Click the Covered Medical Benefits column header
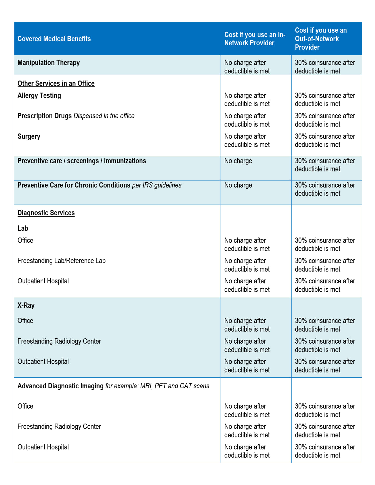click(x=54, y=39)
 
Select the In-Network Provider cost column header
click(x=255, y=39)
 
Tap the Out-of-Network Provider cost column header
click(x=321, y=39)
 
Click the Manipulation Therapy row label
click(x=49, y=63)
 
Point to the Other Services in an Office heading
click(x=56, y=83)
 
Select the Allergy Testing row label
click(x=39, y=96)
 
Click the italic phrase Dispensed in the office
click(x=104, y=116)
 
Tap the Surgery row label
click(x=29, y=136)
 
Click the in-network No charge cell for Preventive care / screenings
click(x=238, y=161)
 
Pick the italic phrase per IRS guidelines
click(x=157, y=185)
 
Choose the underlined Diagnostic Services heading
click(x=46, y=213)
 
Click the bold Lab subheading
click(x=23, y=228)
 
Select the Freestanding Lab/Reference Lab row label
click(x=61, y=261)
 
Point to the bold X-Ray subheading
click(x=26, y=305)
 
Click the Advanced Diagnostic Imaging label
click(x=60, y=386)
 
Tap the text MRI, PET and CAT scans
click(x=175, y=386)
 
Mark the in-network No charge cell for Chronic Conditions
click(x=238, y=185)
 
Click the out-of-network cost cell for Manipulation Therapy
click(x=325, y=67)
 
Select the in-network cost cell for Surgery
click(x=247, y=141)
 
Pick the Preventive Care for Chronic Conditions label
click(x=74, y=185)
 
